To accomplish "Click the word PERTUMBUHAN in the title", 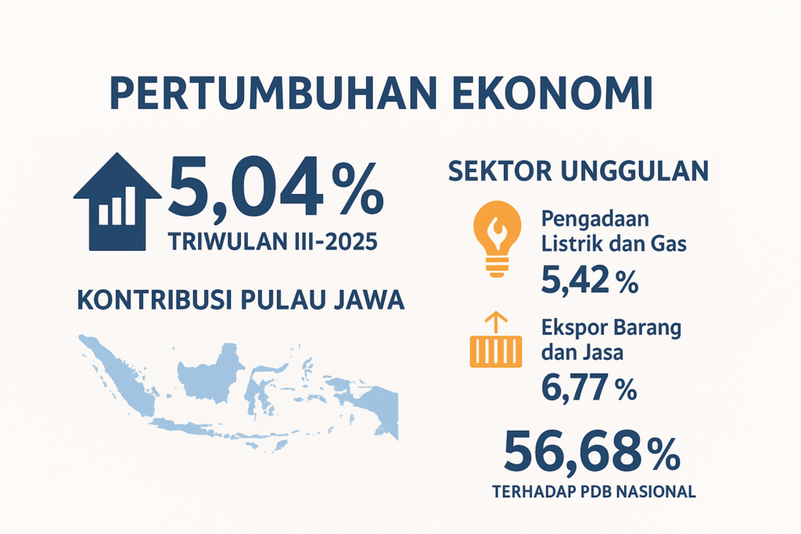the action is pos(274,93).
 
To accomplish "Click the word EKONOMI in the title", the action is pos(553,93).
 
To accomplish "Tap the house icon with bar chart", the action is pos(117,202).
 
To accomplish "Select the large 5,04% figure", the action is pos(276,188).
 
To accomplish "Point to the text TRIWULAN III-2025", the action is pos(273,241).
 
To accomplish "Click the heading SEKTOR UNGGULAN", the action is pos(578,171).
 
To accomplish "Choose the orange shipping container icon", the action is pos(496,351).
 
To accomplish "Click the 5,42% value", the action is pos(590,280).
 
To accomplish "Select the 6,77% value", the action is pos(589,388).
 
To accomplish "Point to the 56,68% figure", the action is pos(591,452).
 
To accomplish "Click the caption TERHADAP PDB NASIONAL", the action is pos(594,492).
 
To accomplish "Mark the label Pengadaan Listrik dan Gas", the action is pos(613,231).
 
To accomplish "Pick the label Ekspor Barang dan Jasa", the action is pos(611,340).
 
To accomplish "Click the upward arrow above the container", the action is pos(495,323).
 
